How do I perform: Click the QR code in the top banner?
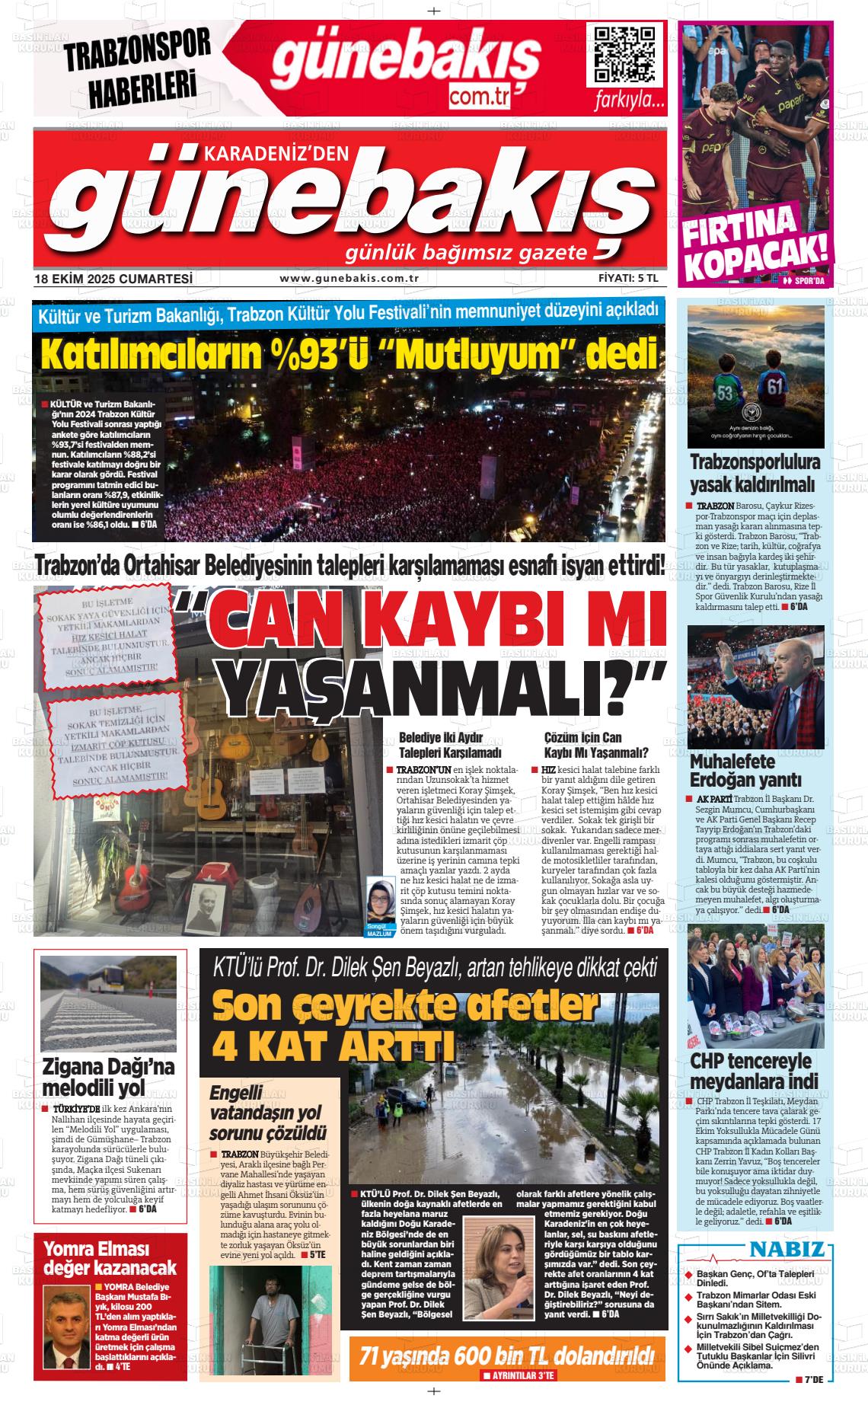coord(624,56)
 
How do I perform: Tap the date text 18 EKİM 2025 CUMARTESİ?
coord(113,279)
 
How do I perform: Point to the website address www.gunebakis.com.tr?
coord(349,279)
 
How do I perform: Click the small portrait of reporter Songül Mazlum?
coord(379,900)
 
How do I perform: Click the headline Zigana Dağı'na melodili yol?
coord(109,1076)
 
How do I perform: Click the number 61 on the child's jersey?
coord(775,387)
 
